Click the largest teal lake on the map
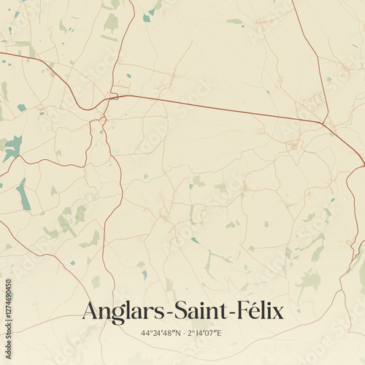(12, 148)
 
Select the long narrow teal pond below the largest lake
(24, 194)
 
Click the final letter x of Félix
(277, 314)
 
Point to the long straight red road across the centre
(219, 108)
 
